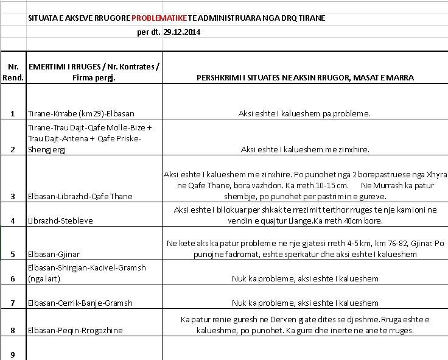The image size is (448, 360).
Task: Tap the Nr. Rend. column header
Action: [13, 72]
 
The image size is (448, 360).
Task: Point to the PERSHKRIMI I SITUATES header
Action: [305, 78]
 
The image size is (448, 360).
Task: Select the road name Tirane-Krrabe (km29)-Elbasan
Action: [81, 113]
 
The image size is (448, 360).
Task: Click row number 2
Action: [13, 150]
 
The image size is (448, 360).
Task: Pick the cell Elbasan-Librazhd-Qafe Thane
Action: [80, 197]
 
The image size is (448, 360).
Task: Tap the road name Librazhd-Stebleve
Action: [60, 221]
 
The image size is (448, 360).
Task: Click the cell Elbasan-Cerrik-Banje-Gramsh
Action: [80, 303]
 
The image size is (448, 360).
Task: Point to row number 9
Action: [13, 355]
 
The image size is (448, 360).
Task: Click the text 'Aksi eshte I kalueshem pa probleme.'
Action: [305, 113]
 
